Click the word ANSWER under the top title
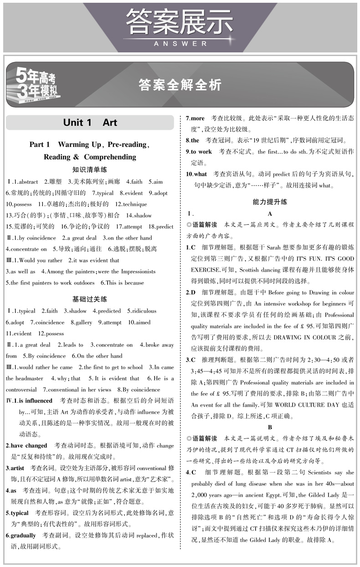point(180,44)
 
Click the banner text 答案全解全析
point(180,85)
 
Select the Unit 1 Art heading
point(90,122)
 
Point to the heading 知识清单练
point(90,170)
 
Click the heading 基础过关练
point(90,299)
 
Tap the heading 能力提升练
point(270,201)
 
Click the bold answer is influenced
point(36,401)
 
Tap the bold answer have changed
point(30,446)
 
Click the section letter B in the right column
point(270,428)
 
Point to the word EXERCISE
point(206,270)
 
